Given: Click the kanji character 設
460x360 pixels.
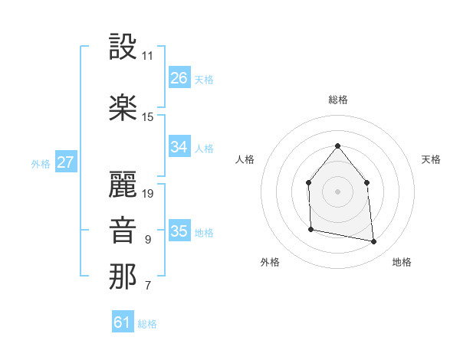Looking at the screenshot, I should click(123, 47).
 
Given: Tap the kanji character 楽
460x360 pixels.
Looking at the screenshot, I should click(123, 107).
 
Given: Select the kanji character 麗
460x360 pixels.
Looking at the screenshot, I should click(123, 184).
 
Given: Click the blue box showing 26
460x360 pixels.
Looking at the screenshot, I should click(179, 77).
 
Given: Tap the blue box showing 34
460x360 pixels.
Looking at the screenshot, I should click(179, 147).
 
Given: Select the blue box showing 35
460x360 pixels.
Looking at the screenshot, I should click(179, 231).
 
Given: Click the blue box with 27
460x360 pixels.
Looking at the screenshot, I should click(66, 162).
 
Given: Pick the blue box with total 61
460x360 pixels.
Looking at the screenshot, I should click(123, 322).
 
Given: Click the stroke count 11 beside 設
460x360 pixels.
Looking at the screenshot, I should click(147, 56).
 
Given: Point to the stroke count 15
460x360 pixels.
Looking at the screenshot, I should click(148, 117).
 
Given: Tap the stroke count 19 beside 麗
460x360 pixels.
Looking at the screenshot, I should click(148, 194).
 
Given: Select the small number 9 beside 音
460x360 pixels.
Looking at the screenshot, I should click(147, 240).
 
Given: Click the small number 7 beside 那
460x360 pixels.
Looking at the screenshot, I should click(147, 286).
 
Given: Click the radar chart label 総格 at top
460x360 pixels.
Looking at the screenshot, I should click(337, 100).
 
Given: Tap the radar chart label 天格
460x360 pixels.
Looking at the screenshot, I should click(431, 159).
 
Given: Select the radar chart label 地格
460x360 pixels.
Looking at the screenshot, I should click(402, 262).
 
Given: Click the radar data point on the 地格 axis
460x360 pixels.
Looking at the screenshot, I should click(374, 242).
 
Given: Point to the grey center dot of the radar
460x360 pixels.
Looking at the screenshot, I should click(337, 191).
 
